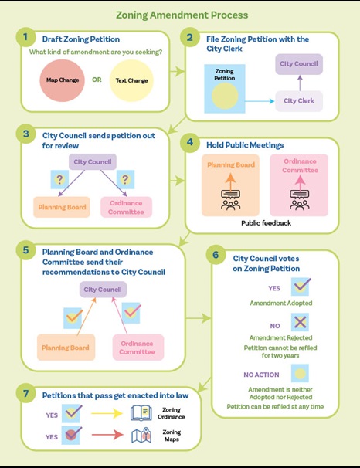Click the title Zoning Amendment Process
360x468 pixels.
182,15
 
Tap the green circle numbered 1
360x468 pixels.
26,37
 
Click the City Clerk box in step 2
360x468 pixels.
298,101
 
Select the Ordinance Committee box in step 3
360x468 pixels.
126,207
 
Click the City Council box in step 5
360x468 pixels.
104,290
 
